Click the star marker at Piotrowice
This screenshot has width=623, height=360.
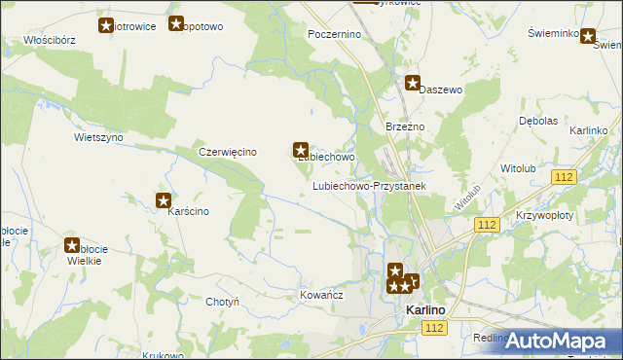[106, 25]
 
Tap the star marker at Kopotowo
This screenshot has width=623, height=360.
[176, 24]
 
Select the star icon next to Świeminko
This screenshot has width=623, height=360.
[588, 36]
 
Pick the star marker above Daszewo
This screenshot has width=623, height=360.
[413, 84]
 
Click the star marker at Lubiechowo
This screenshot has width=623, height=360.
[301, 150]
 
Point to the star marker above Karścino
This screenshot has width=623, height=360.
[164, 201]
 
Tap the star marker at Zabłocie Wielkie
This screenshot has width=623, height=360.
[72, 246]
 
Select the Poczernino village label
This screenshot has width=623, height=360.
[334, 34]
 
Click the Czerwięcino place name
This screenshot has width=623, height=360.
[227, 152]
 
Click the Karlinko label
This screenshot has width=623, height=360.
[589, 130]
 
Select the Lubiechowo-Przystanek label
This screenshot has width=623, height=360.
[369, 185]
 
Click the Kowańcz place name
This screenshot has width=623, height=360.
[322, 294]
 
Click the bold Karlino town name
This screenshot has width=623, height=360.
[424, 310]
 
